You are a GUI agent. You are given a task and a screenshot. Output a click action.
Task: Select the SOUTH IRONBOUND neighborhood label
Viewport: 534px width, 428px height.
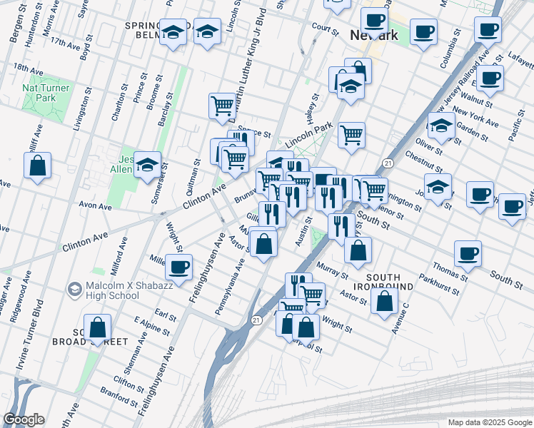390,281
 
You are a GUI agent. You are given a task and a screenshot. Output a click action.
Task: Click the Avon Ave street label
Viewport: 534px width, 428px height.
96,206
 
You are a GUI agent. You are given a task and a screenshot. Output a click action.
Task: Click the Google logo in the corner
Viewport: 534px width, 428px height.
24,419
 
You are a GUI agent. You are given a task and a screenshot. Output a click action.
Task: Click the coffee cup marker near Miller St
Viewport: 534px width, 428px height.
179,267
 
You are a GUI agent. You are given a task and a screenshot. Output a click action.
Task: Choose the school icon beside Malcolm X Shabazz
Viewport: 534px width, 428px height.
74,289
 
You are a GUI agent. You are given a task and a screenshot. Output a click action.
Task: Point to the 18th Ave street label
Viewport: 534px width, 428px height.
29,68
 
